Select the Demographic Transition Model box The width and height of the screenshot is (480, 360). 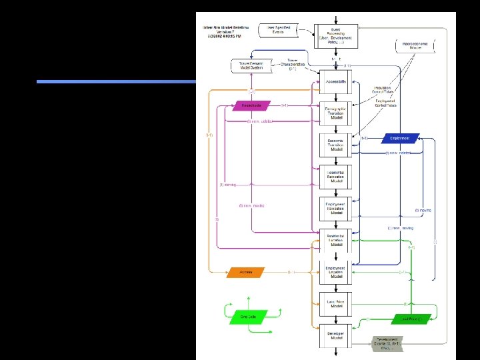335,111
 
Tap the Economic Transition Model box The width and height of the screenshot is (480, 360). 335,145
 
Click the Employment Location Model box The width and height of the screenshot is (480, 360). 335,272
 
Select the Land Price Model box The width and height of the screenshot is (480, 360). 335,303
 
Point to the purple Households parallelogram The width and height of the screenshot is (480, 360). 252,105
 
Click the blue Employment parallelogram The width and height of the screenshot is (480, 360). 400,139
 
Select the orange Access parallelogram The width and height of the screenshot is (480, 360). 247,272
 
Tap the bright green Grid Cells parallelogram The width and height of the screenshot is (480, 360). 248,317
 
